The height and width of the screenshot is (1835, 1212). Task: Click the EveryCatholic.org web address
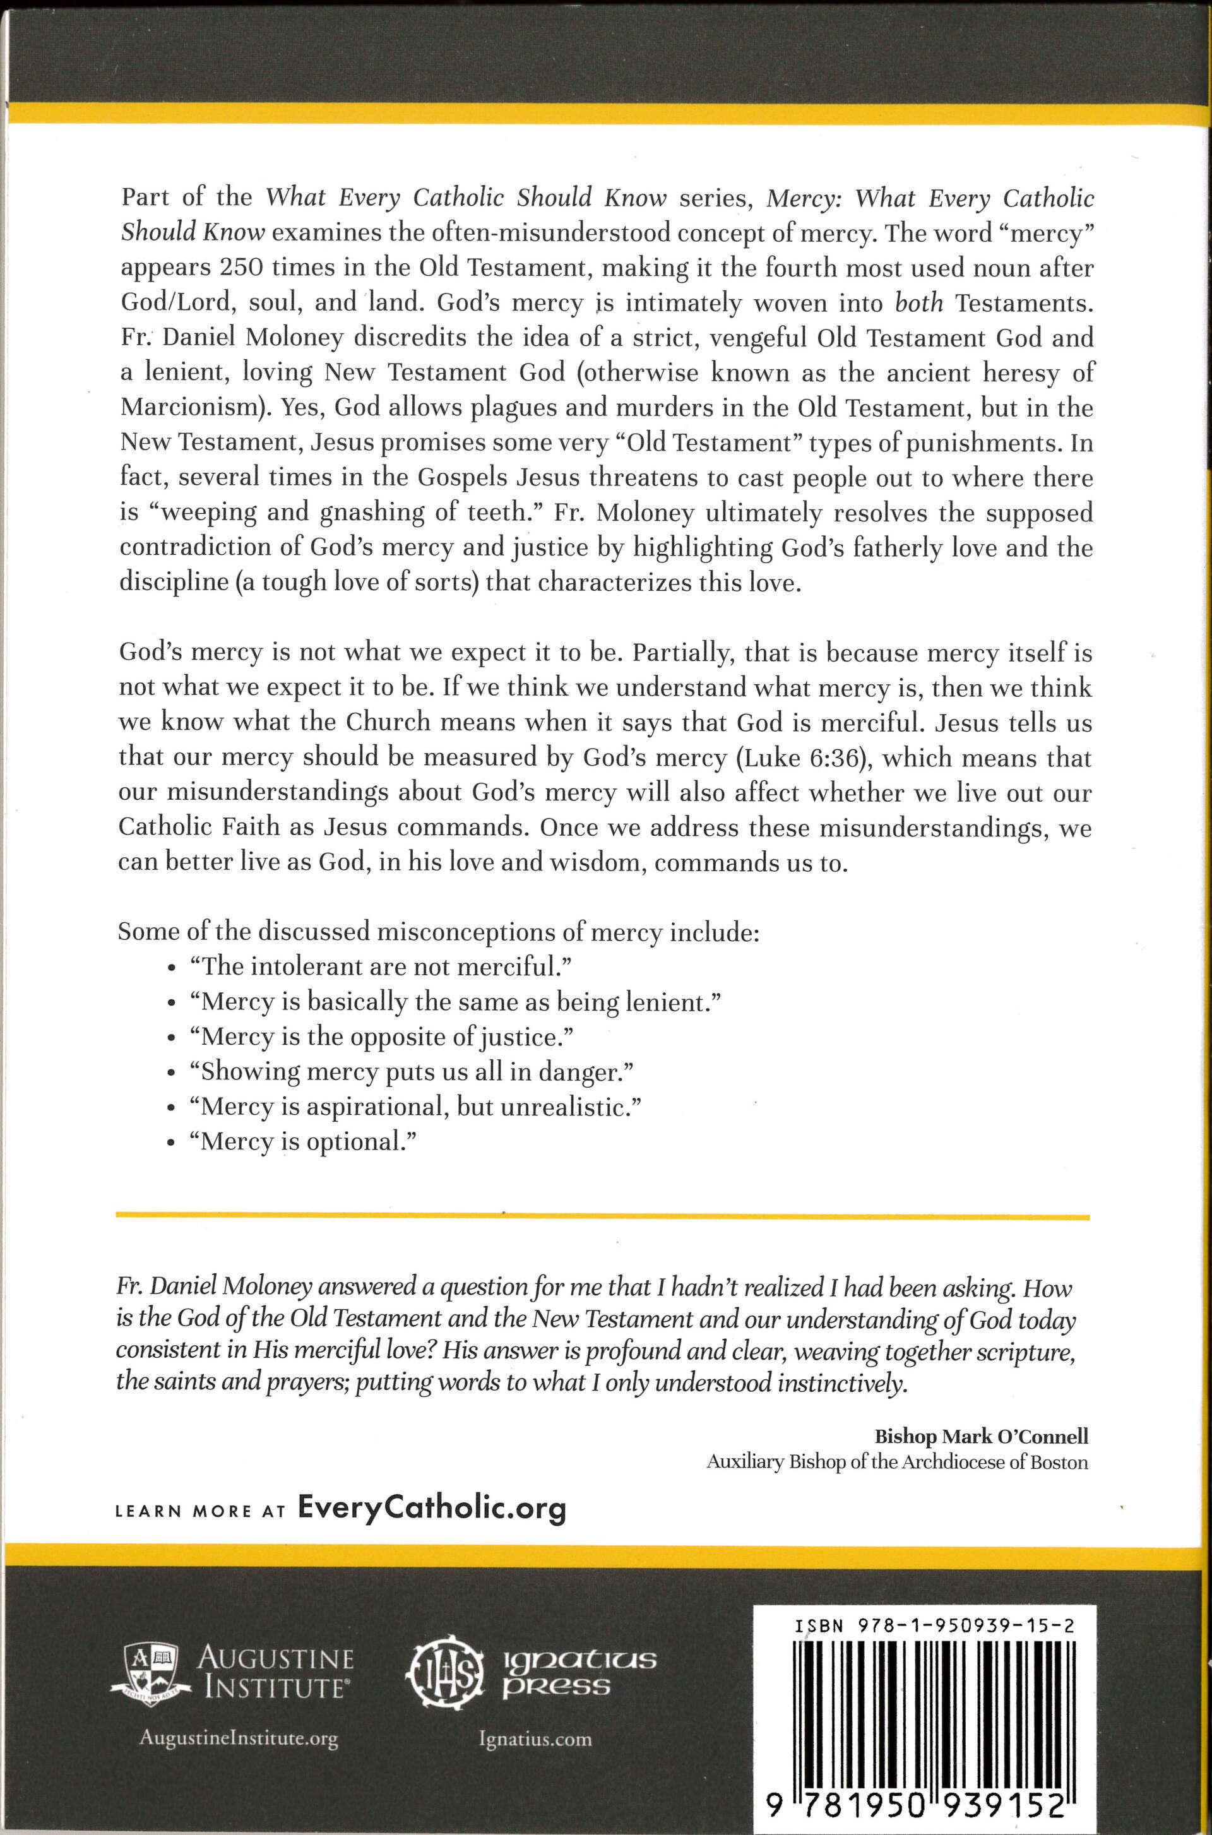431,1508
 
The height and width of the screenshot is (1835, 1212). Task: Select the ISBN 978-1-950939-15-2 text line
934,1625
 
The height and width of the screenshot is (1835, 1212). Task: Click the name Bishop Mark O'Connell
981,1436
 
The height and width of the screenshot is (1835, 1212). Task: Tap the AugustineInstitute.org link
238,1739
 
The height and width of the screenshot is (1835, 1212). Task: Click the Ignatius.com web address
535,1739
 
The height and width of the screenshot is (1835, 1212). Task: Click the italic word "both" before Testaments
918,303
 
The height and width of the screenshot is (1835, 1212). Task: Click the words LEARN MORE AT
200,1511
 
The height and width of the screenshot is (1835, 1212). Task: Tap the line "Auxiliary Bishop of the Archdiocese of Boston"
896,1463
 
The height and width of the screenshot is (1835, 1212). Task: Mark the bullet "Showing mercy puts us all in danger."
411,1071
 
